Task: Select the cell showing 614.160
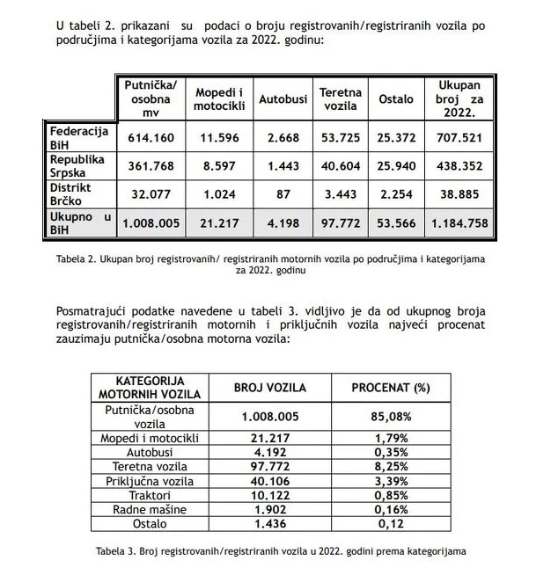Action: coord(151,138)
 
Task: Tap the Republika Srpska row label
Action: coord(77,165)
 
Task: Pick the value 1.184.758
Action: coord(459,223)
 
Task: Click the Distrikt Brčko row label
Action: coord(74,193)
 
